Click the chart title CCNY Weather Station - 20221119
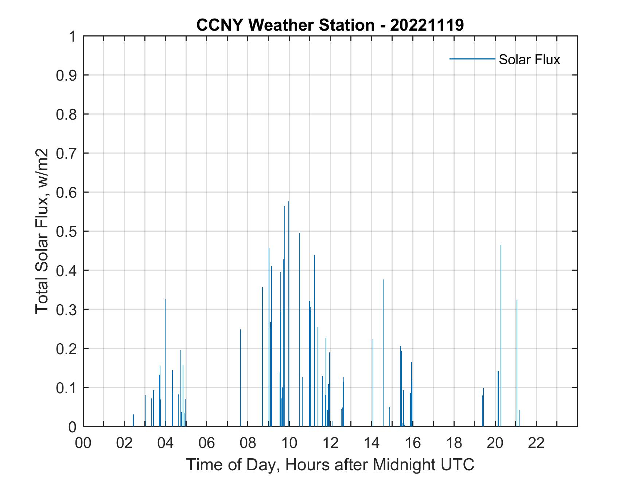coord(330,25)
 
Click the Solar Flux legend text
coord(529,59)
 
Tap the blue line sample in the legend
coord(472,59)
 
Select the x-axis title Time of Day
coord(330,465)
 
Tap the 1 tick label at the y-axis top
coord(72,36)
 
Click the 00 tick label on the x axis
coord(83,443)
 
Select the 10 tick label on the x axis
coord(289,443)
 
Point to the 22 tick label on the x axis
coord(536,443)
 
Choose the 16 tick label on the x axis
coord(413,443)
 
